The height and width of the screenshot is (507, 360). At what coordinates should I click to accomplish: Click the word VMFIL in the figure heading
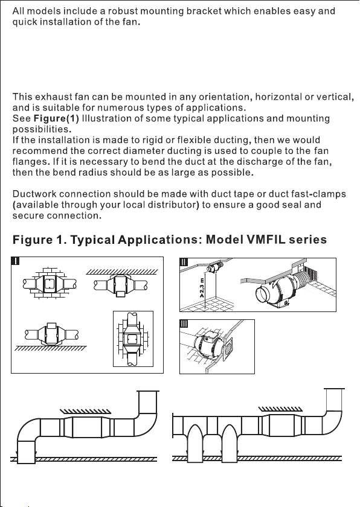click(x=266, y=240)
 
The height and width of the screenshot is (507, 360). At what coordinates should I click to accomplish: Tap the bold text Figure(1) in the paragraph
click(x=56, y=118)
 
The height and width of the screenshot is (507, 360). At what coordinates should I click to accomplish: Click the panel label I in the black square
click(x=16, y=261)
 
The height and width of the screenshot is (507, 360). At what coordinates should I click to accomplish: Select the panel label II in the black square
click(x=184, y=262)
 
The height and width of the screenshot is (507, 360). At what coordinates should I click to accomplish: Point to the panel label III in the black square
click(x=184, y=324)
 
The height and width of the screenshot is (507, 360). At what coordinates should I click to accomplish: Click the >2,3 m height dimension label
click(x=202, y=287)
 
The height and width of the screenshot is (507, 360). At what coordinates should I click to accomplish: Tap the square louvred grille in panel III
click(x=228, y=349)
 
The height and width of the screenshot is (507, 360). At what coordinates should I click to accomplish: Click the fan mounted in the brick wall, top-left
click(x=50, y=284)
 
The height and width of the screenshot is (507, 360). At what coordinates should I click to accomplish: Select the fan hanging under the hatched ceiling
click(x=121, y=285)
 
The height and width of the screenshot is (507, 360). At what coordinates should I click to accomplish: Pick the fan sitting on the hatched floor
click(x=52, y=334)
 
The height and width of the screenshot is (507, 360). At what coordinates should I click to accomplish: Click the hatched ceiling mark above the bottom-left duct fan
click(x=85, y=411)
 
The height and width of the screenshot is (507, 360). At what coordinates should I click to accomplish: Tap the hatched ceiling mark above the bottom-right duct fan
click(x=280, y=409)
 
